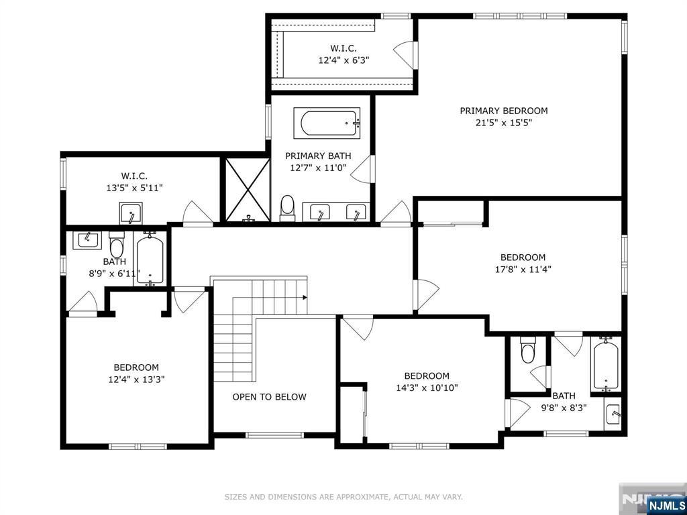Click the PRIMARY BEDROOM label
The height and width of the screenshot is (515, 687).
click(x=503, y=111)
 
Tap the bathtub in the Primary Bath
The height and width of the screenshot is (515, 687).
click(x=327, y=123)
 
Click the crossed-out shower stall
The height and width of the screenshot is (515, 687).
click(x=248, y=190)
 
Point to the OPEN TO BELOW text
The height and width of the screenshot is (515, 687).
click(x=269, y=397)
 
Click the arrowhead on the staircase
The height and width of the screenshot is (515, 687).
click(x=304, y=297)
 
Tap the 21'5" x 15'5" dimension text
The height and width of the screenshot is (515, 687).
click(x=503, y=123)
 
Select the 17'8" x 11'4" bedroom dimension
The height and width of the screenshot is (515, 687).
click(x=523, y=270)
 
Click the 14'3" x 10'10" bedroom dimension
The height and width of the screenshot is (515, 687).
click(x=426, y=388)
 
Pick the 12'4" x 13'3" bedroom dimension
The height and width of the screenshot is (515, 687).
click(x=136, y=380)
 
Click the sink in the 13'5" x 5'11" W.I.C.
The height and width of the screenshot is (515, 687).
click(x=131, y=213)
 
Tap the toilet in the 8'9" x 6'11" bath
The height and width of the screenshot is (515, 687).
click(x=117, y=245)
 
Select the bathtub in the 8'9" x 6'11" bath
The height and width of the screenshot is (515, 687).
click(x=150, y=260)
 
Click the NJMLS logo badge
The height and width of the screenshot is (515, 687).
click(x=665, y=505)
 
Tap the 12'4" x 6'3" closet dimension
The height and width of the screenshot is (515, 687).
click(x=343, y=60)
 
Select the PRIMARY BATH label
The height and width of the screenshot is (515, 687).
click(x=318, y=156)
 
